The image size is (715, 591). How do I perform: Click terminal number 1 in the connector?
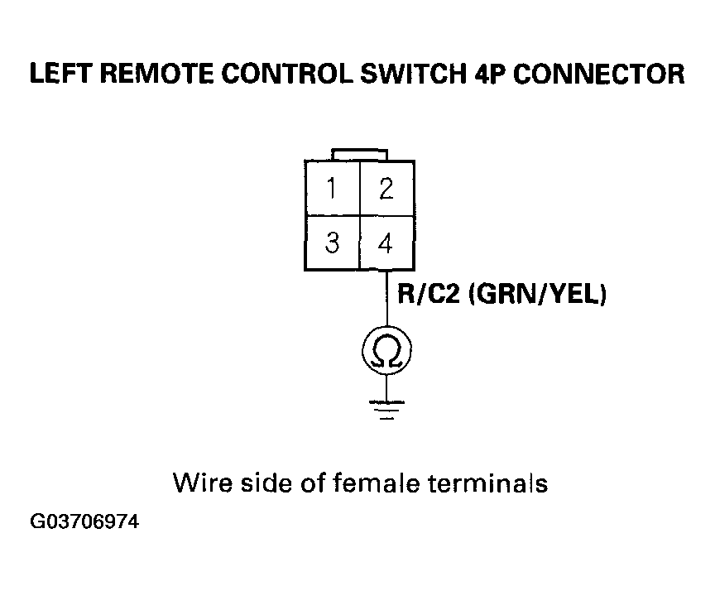pyautogui.click(x=333, y=189)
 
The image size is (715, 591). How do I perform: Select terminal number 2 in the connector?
pyautogui.click(x=387, y=189)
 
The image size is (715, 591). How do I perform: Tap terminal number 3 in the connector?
pyautogui.click(x=333, y=243)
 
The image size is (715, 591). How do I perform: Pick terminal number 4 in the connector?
pyautogui.click(x=387, y=243)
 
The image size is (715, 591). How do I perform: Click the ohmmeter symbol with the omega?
pyautogui.click(x=386, y=350)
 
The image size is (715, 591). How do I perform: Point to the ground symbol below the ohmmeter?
pyautogui.click(x=386, y=410)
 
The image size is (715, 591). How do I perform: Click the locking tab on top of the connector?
pyautogui.click(x=360, y=155)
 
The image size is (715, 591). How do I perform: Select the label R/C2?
pyautogui.click(x=429, y=294)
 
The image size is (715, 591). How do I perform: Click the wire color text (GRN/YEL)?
pyautogui.click(x=538, y=294)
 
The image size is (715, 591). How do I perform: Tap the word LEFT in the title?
pyautogui.click(x=61, y=74)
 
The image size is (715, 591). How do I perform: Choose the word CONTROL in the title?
pyautogui.click(x=288, y=74)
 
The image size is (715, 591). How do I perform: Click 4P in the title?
pyautogui.click(x=491, y=74)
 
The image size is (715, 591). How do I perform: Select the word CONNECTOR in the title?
pyautogui.click(x=599, y=74)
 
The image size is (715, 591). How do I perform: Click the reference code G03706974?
pyautogui.click(x=84, y=521)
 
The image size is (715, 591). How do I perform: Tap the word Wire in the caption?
pyautogui.click(x=203, y=483)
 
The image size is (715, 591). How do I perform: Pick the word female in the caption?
pyautogui.click(x=377, y=483)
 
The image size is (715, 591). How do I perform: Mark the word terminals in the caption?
pyautogui.click(x=488, y=483)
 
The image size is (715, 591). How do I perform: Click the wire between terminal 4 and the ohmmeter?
pyautogui.click(x=387, y=298)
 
